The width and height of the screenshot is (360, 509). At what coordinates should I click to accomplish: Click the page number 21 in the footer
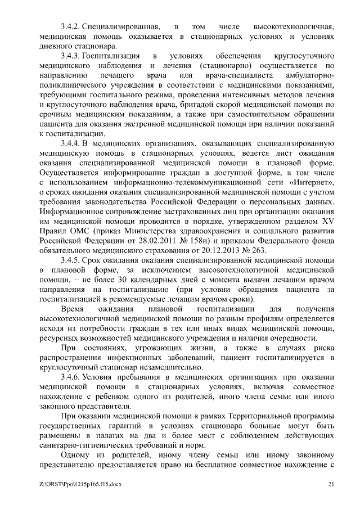click(331, 484)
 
